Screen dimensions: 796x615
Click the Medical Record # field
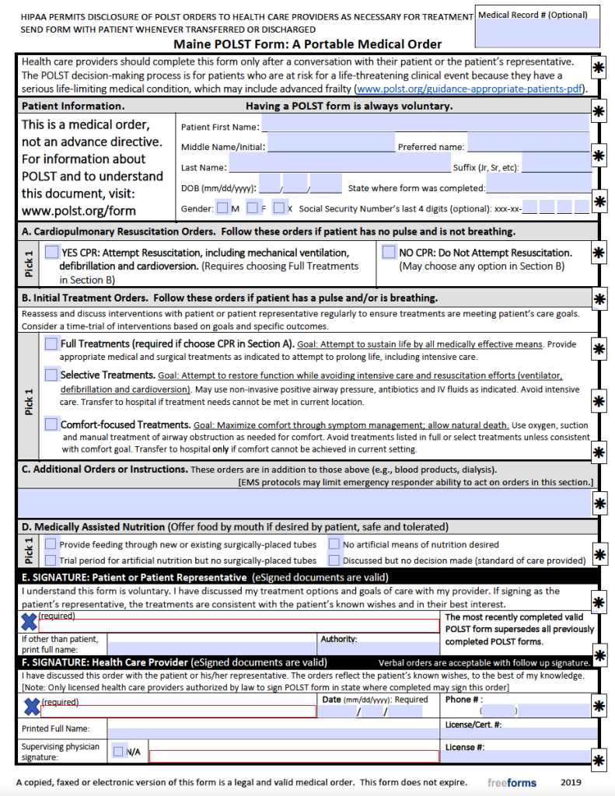tap(538, 33)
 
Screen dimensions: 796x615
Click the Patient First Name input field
tap(425, 124)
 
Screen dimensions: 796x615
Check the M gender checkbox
tap(223, 208)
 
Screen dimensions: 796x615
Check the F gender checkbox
tap(253, 208)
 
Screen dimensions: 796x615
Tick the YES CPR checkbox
tap(51, 252)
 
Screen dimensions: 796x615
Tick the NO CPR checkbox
tap(390, 252)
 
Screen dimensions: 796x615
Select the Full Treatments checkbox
tap(51, 343)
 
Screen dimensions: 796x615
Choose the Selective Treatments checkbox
tap(51, 375)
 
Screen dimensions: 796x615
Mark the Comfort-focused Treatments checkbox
tap(51, 424)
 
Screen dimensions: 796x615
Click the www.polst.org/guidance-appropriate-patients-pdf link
tap(470, 89)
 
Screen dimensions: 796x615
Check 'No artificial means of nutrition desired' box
tap(334, 544)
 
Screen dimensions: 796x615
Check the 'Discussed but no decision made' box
tap(334, 560)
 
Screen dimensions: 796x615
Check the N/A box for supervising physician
tap(118, 752)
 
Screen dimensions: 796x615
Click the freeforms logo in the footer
tap(512, 782)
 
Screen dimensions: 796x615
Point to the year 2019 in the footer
tap(571, 782)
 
